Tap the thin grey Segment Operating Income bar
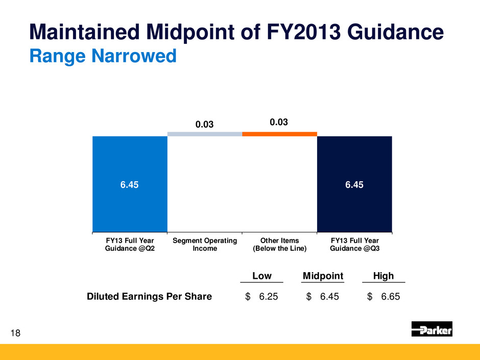click(205, 134)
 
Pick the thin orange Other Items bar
click(279, 134)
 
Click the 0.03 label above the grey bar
click(205, 125)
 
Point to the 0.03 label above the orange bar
click(280, 123)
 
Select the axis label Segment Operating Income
click(205, 245)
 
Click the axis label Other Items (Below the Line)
click(279, 245)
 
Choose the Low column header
click(262, 276)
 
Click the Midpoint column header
click(323, 276)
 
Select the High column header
click(383, 276)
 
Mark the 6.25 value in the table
click(269, 296)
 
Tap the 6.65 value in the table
click(390, 296)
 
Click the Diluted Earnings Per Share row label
click(149, 296)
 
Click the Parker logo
click(432, 329)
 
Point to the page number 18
click(16, 333)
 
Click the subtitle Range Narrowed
click(103, 56)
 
